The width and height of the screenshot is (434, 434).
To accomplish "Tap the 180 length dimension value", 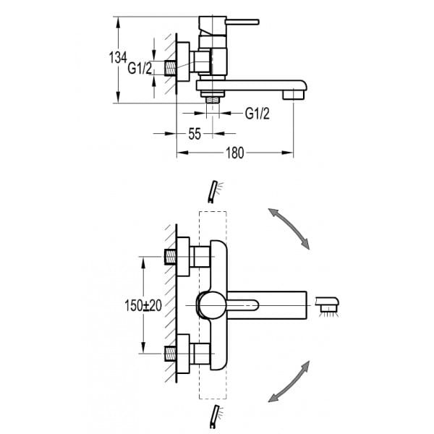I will click(x=235, y=153).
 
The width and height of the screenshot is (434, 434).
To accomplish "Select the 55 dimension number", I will click(x=195, y=133).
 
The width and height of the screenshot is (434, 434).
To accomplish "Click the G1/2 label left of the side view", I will click(x=140, y=69).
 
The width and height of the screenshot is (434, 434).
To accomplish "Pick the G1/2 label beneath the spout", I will click(x=258, y=113).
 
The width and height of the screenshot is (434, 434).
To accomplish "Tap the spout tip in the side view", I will click(x=295, y=93).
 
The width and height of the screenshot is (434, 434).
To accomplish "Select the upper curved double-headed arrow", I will click(x=289, y=227).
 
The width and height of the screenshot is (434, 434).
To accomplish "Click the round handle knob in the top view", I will click(x=210, y=305).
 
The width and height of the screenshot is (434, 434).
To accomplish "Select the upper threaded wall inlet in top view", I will click(x=172, y=255).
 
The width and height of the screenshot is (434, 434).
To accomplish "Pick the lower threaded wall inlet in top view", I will click(x=172, y=354).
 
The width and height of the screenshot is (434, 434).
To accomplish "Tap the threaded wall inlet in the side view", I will click(x=172, y=69).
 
